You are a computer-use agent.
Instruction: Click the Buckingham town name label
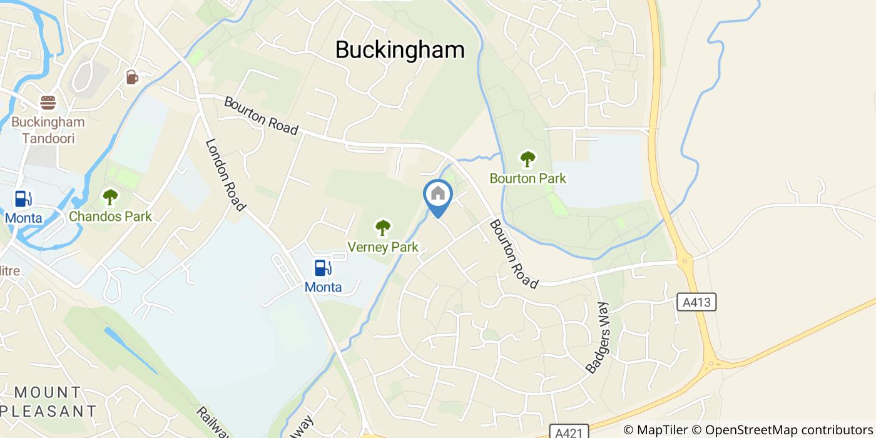pos(400,50)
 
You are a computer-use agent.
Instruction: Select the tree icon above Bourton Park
pos(527,160)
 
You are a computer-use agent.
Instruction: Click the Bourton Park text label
pos(527,178)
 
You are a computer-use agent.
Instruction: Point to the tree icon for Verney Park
pos(382,228)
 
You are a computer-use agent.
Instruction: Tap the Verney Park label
pos(382,247)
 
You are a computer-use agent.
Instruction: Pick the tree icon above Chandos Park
pos(110,198)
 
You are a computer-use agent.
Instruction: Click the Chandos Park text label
pos(110,216)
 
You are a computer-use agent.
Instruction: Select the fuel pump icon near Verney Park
pos(323,268)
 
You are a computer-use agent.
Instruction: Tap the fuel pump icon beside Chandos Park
pos(23,199)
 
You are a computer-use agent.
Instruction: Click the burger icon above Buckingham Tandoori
pos(48,103)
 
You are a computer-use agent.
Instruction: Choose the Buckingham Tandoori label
pos(48,130)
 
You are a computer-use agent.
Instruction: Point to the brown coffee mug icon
pos(131,77)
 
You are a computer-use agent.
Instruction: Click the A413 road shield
pos(696,303)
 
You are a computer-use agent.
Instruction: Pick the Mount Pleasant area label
pos(48,402)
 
